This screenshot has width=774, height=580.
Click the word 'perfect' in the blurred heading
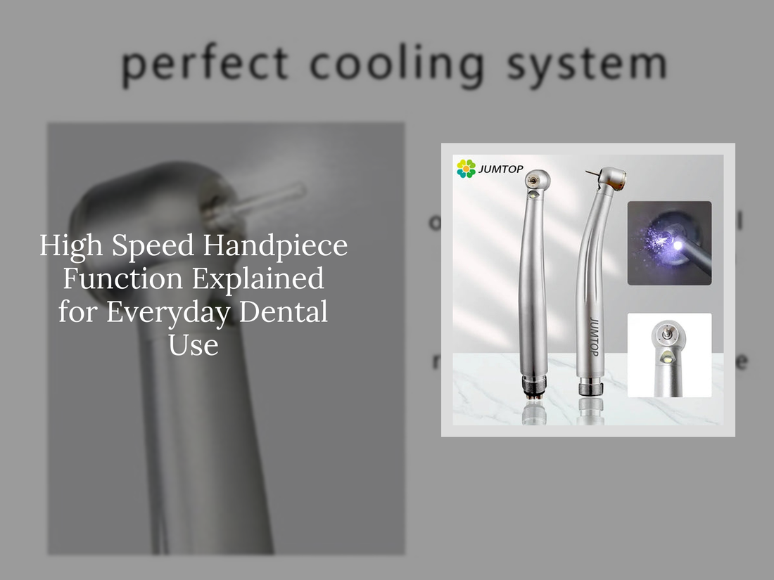[x=205, y=65]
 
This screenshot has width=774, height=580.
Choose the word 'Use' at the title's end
[x=193, y=344]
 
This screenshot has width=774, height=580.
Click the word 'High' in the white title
[x=71, y=246]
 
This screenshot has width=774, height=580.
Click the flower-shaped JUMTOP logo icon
[x=466, y=169]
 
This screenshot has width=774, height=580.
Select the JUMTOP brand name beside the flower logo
[x=501, y=169]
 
